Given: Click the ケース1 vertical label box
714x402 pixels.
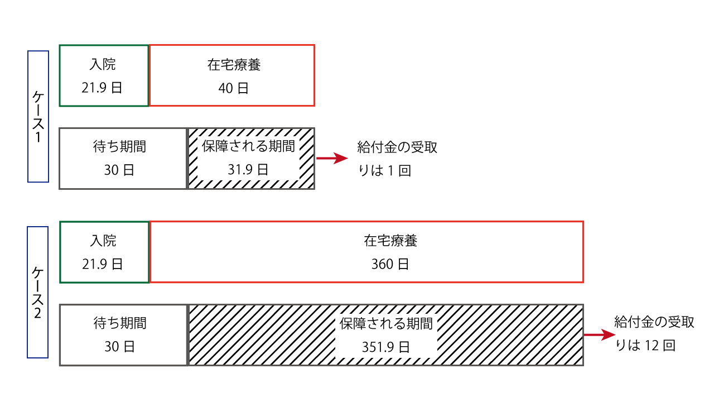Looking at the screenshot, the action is [x=28, y=117].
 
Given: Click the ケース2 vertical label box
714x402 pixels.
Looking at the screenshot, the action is [x=28, y=292].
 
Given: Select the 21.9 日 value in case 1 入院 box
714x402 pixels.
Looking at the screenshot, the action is [x=102, y=88].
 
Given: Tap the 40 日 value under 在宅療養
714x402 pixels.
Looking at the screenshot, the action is [x=233, y=88].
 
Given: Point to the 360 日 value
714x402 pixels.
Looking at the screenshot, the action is [x=390, y=264].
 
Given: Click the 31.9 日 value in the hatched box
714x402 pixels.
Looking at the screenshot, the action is [x=248, y=170].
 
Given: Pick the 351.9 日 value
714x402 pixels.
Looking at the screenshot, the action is [x=385, y=347].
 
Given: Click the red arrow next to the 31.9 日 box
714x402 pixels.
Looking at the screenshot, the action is [x=332, y=158].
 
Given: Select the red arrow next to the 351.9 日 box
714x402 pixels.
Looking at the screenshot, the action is [x=599, y=334].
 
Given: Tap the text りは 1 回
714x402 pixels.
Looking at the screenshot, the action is [x=384, y=171].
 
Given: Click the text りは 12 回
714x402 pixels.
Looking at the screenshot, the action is [x=645, y=345].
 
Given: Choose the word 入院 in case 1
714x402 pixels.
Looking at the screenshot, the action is [x=102, y=64].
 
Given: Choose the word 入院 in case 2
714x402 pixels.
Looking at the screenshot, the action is [x=103, y=241].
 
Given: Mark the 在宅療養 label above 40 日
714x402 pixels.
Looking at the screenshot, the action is [x=234, y=65].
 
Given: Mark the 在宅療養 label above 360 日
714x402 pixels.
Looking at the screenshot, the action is [x=390, y=241].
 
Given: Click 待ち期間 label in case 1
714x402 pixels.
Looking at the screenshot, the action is [x=119, y=147].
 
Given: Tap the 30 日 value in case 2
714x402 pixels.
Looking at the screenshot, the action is [x=119, y=347].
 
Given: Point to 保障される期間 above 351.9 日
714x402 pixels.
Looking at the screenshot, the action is [x=386, y=323].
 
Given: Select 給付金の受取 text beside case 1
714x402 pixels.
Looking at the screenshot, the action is [x=397, y=147].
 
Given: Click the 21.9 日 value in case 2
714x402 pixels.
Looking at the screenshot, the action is [x=102, y=264].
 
